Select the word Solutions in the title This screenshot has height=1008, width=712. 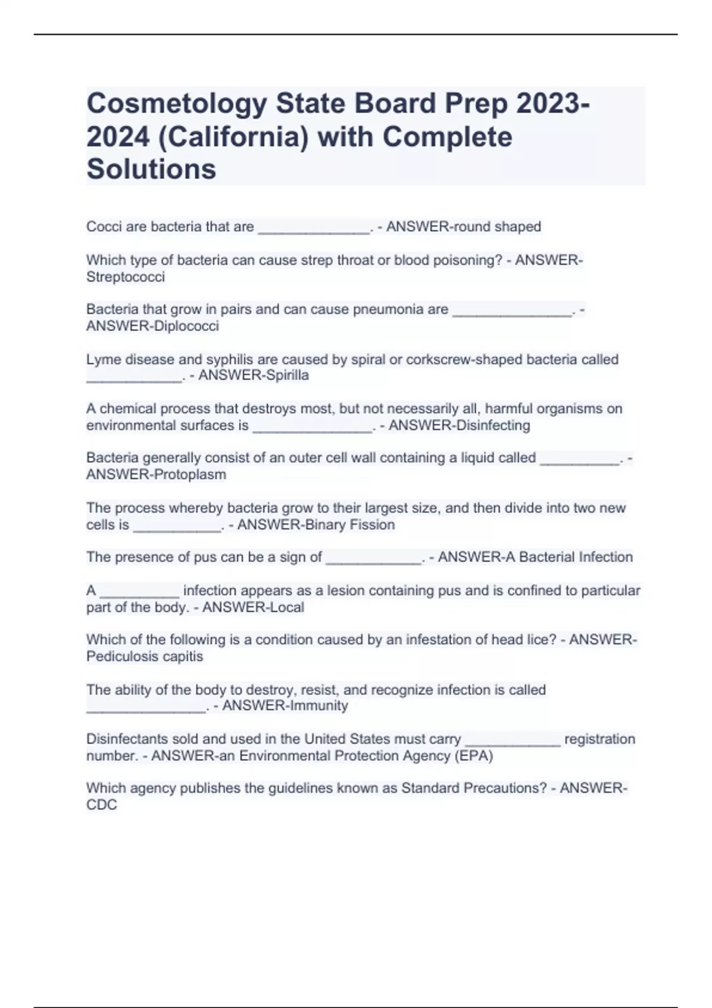pyautogui.click(x=151, y=170)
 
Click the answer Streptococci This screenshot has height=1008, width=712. pyautogui.click(x=126, y=277)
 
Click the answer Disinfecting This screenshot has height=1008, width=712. pyautogui.click(x=490, y=425)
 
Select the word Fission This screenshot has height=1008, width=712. pyautogui.click(x=372, y=525)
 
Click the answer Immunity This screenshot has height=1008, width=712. pyautogui.click(x=319, y=706)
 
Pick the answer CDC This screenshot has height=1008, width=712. pyautogui.click(x=101, y=805)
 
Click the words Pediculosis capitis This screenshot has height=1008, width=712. pyautogui.click(x=145, y=656)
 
